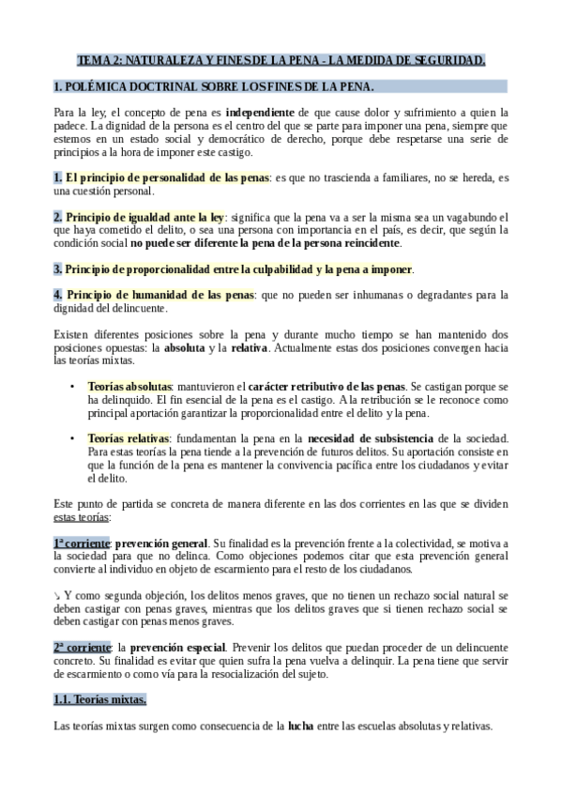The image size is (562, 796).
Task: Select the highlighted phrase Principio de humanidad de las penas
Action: tap(153, 294)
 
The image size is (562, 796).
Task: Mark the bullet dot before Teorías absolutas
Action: tap(73, 386)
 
